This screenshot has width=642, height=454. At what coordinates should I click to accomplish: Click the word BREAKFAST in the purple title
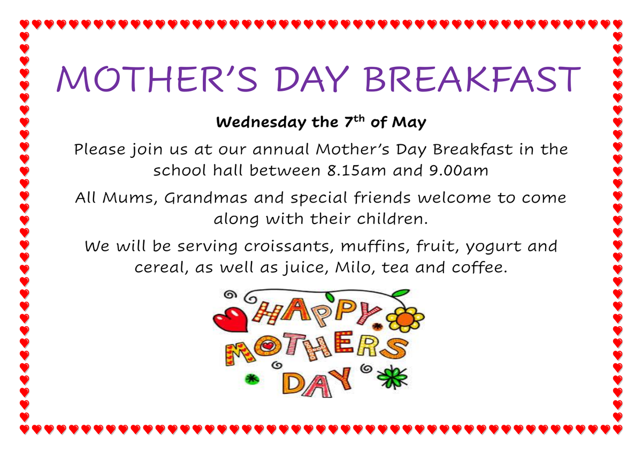pos(472,79)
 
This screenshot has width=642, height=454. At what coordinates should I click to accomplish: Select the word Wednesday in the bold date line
pos(261,122)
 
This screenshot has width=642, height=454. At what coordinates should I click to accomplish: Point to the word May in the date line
pos(409,122)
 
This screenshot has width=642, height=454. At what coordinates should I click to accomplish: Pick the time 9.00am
pos(458,171)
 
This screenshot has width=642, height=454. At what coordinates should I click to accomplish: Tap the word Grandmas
pos(205,198)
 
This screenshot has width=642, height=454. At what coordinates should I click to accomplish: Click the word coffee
pos(479,267)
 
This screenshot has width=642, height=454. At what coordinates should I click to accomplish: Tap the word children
pos(392,219)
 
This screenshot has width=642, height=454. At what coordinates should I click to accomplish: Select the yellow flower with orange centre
pos(406,319)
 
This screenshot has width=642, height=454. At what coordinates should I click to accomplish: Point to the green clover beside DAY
pos(393,378)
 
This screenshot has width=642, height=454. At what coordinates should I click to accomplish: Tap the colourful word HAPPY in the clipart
pos(317,313)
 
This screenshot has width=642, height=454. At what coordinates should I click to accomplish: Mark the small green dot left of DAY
pos(252,380)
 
